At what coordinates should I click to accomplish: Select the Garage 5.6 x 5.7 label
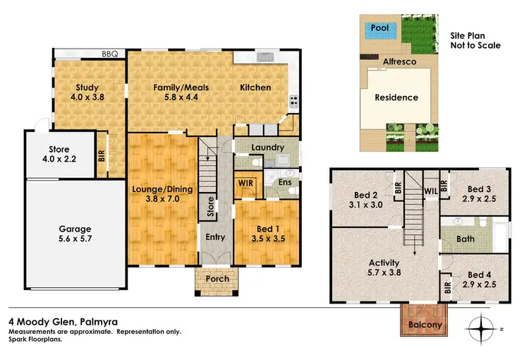(x=75, y=234)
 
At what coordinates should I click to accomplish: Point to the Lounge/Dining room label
(x=162, y=195)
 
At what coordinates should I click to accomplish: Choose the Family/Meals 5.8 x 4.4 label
(x=177, y=93)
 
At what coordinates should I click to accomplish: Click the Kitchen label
(x=255, y=88)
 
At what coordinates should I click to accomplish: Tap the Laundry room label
(x=268, y=148)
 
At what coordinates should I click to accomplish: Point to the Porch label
(x=217, y=279)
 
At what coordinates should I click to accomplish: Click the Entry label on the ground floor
(x=215, y=237)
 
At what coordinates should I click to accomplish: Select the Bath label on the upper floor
(x=465, y=239)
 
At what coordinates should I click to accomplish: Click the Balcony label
(x=425, y=325)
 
